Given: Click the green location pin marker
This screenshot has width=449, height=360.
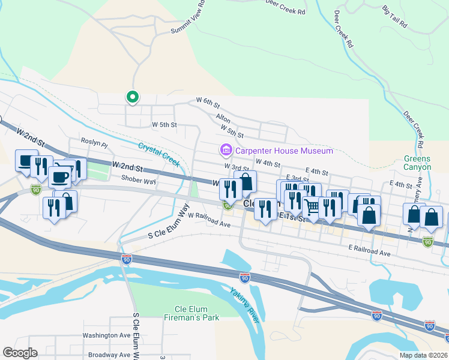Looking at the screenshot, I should pos(132,96).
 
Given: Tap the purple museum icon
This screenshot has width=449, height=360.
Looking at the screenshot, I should pos(226,150).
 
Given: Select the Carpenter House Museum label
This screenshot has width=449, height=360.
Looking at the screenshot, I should pos(283,151).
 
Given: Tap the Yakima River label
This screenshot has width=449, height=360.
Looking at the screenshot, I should pos(245,305).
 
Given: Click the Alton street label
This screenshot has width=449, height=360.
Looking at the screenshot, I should pos(223,121).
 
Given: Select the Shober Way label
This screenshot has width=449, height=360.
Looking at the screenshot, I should pos(138,180).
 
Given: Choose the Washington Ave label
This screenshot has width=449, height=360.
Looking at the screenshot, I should pos(106,335).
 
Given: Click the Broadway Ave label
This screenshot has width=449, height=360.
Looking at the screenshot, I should pos(109,355).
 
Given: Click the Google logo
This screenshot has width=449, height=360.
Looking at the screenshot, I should pos(20,353).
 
